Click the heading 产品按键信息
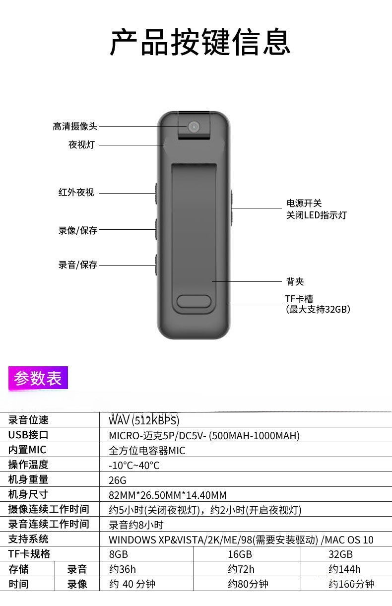coord(199,43)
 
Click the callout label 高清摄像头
coord(75,127)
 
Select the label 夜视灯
coord(81,145)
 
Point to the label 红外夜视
coord(76,193)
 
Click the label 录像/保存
coord(78,230)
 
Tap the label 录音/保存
coord(78,265)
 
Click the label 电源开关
coord(304,203)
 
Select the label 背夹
coord(295,282)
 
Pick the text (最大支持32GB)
coord(318,310)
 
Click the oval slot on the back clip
coord(194,302)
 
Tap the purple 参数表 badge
coord(38,378)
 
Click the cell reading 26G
coord(118,480)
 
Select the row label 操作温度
coord(28,465)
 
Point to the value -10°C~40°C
coord(134,466)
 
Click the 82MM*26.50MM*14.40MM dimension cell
coord(167,495)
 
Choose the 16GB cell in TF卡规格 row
coord(240,554)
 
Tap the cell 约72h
coord(241,569)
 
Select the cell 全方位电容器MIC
coord(147,451)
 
